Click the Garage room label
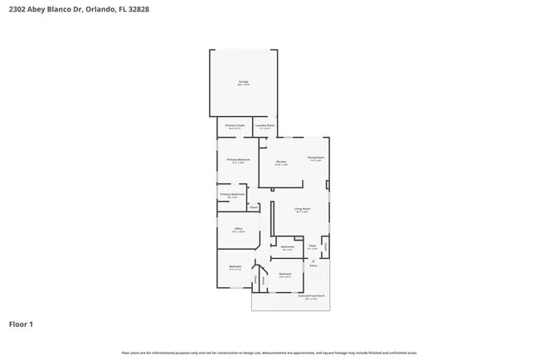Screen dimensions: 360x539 [x=243, y=82]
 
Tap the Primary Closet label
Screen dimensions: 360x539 [x=235, y=126]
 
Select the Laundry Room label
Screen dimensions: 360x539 [x=265, y=126]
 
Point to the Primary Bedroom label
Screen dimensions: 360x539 [x=236, y=160]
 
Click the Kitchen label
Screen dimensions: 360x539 [x=280, y=163]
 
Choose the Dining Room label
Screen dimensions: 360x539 [x=315, y=158]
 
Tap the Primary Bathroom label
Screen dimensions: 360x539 [x=231, y=195]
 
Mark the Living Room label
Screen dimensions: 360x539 [x=302, y=209]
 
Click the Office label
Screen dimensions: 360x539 [x=237, y=229]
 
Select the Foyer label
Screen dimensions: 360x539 [x=313, y=246]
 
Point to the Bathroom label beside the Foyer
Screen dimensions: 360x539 [x=287, y=247]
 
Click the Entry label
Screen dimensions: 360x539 [x=313, y=265]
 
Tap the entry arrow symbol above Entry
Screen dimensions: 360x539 [x=313, y=258]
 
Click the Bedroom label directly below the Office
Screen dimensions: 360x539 [x=235, y=266]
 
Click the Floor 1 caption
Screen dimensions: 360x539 [x=21, y=324]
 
